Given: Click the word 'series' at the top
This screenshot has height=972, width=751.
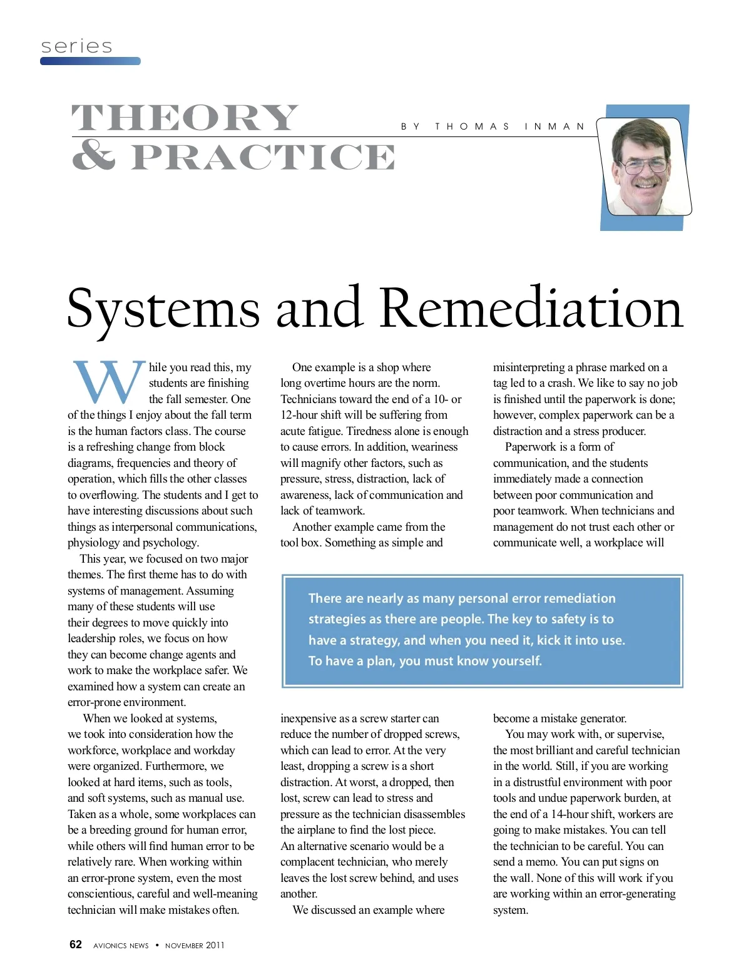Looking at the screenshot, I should click(76, 46).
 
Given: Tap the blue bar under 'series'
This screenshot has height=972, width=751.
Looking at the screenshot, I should click(90, 61).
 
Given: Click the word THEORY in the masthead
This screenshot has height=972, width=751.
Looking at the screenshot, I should click(185, 118).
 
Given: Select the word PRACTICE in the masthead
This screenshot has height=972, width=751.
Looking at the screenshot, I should click(263, 157).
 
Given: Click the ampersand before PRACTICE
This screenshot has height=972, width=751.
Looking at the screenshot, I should click(94, 155).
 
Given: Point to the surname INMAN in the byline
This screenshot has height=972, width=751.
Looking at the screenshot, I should click(554, 126).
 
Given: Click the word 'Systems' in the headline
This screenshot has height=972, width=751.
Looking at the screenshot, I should click(163, 308).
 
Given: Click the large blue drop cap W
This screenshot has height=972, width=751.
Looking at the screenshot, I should click(108, 382).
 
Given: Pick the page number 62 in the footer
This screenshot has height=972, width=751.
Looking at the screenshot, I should click(76, 944).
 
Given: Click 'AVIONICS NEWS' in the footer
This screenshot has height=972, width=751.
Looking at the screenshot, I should click(121, 946).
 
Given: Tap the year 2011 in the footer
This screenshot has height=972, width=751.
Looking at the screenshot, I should click(215, 946).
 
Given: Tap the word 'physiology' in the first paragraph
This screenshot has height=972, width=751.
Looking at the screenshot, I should click(93, 543).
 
